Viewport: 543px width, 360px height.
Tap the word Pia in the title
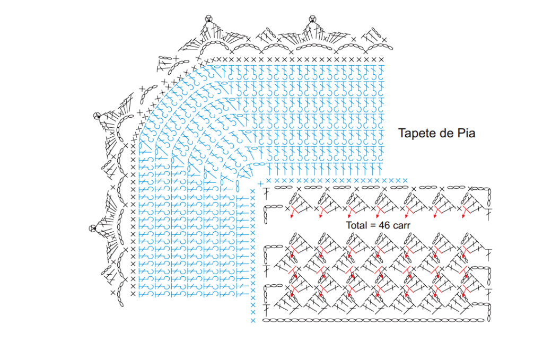coord(465,134)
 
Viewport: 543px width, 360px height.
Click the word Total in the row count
coord(357,225)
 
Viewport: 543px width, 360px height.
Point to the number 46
coord(384,225)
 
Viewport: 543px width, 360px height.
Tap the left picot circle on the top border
coord(208,19)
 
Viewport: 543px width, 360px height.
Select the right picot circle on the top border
coord(312,19)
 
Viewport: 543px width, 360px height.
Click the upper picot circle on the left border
coord(97,115)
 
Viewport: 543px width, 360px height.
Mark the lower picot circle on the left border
coord(92,228)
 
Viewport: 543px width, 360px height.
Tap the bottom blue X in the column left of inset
coord(253,321)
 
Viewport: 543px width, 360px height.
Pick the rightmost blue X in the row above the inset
coord(405,181)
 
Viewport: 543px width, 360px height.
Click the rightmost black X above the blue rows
coord(381,59)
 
